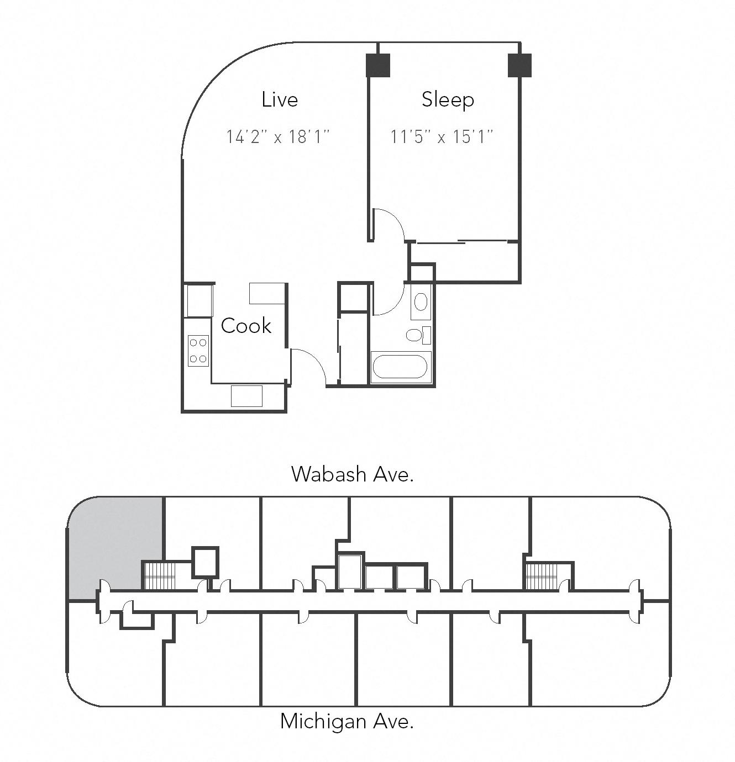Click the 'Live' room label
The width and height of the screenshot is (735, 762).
[x=280, y=99]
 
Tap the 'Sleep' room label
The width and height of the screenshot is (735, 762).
[x=448, y=99]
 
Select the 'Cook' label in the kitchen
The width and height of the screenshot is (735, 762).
[x=246, y=326]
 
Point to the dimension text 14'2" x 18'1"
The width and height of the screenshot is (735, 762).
[x=278, y=136]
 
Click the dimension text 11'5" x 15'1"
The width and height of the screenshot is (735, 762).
[x=442, y=136]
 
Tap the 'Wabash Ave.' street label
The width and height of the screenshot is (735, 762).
[x=352, y=474]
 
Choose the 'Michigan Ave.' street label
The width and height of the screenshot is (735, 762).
[x=347, y=721]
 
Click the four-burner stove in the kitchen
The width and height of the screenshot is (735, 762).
[x=198, y=351]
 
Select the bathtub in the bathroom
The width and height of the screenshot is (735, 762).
[x=400, y=366]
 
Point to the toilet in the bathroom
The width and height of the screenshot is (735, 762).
[x=414, y=335]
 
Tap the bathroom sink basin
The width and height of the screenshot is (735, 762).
[x=421, y=302]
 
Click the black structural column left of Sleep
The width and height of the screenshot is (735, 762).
[x=378, y=65]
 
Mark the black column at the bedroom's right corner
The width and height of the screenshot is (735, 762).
[x=519, y=65]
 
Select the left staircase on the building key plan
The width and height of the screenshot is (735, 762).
[x=159, y=576]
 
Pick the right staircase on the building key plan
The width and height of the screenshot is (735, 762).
[x=542, y=576]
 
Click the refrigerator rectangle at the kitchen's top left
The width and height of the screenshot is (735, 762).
[x=198, y=300]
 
